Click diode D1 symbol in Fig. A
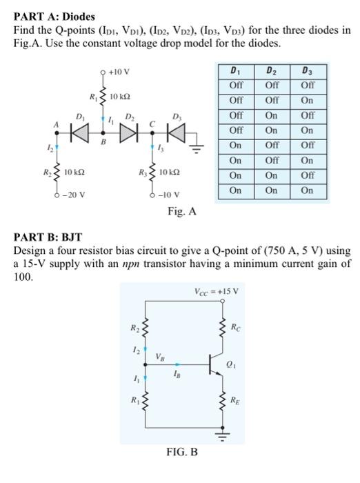81,128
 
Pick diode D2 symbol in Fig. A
128,128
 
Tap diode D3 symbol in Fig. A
179,128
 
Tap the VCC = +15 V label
217,290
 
